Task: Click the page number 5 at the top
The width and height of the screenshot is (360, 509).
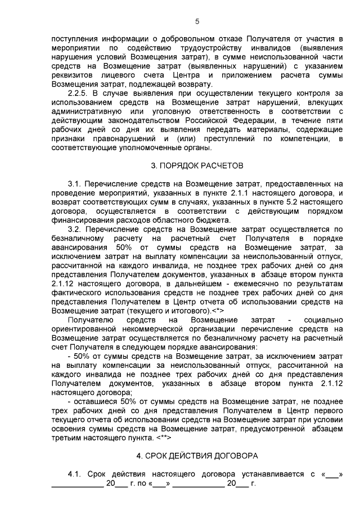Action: click(197, 22)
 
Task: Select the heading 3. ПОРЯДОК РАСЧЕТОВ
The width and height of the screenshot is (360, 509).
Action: click(197, 166)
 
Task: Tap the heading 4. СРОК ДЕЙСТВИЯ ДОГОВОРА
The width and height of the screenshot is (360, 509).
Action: click(197, 454)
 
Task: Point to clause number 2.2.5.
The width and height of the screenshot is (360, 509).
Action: click(78, 93)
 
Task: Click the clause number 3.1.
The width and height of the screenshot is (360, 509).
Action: click(74, 184)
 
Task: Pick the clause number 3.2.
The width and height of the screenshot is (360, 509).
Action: click(74, 229)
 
